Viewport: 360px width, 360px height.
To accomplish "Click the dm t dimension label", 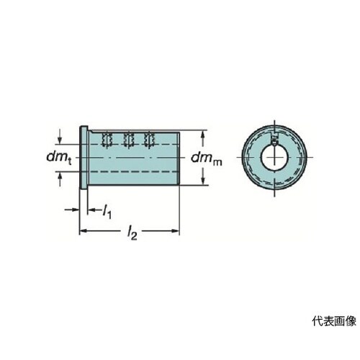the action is coord(59,158).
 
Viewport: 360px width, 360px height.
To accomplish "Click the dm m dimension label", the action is coord(207,158).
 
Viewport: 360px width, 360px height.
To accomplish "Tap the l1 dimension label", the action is coord(107,212).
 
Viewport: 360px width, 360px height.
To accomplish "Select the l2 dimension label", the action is coord(132,233).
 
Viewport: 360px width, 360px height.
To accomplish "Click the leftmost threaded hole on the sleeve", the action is coord(107,139).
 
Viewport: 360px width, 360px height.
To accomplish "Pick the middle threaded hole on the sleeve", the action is coord(128,139).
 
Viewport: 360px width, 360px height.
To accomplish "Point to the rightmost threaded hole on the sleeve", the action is coord(149,139).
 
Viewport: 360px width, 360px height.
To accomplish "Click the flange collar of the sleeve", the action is coord(84,158).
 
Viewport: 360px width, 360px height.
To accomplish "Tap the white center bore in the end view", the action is coord(274,158).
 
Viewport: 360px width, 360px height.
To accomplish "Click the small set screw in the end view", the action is coord(274,140).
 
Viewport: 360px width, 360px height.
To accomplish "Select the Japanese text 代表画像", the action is coord(334,321).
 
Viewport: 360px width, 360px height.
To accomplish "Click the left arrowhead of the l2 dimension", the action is coord(83,231).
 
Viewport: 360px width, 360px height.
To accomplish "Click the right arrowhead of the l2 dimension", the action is coord(176,231).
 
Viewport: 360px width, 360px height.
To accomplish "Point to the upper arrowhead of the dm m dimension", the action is coord(203,135).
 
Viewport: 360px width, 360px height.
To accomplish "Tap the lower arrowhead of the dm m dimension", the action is coord(203,181).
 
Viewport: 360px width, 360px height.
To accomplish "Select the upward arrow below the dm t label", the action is coord(60,179).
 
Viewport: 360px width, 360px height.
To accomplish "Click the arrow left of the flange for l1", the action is coord(72,210).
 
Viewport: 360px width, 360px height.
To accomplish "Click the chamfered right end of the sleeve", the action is coord(179,158).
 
